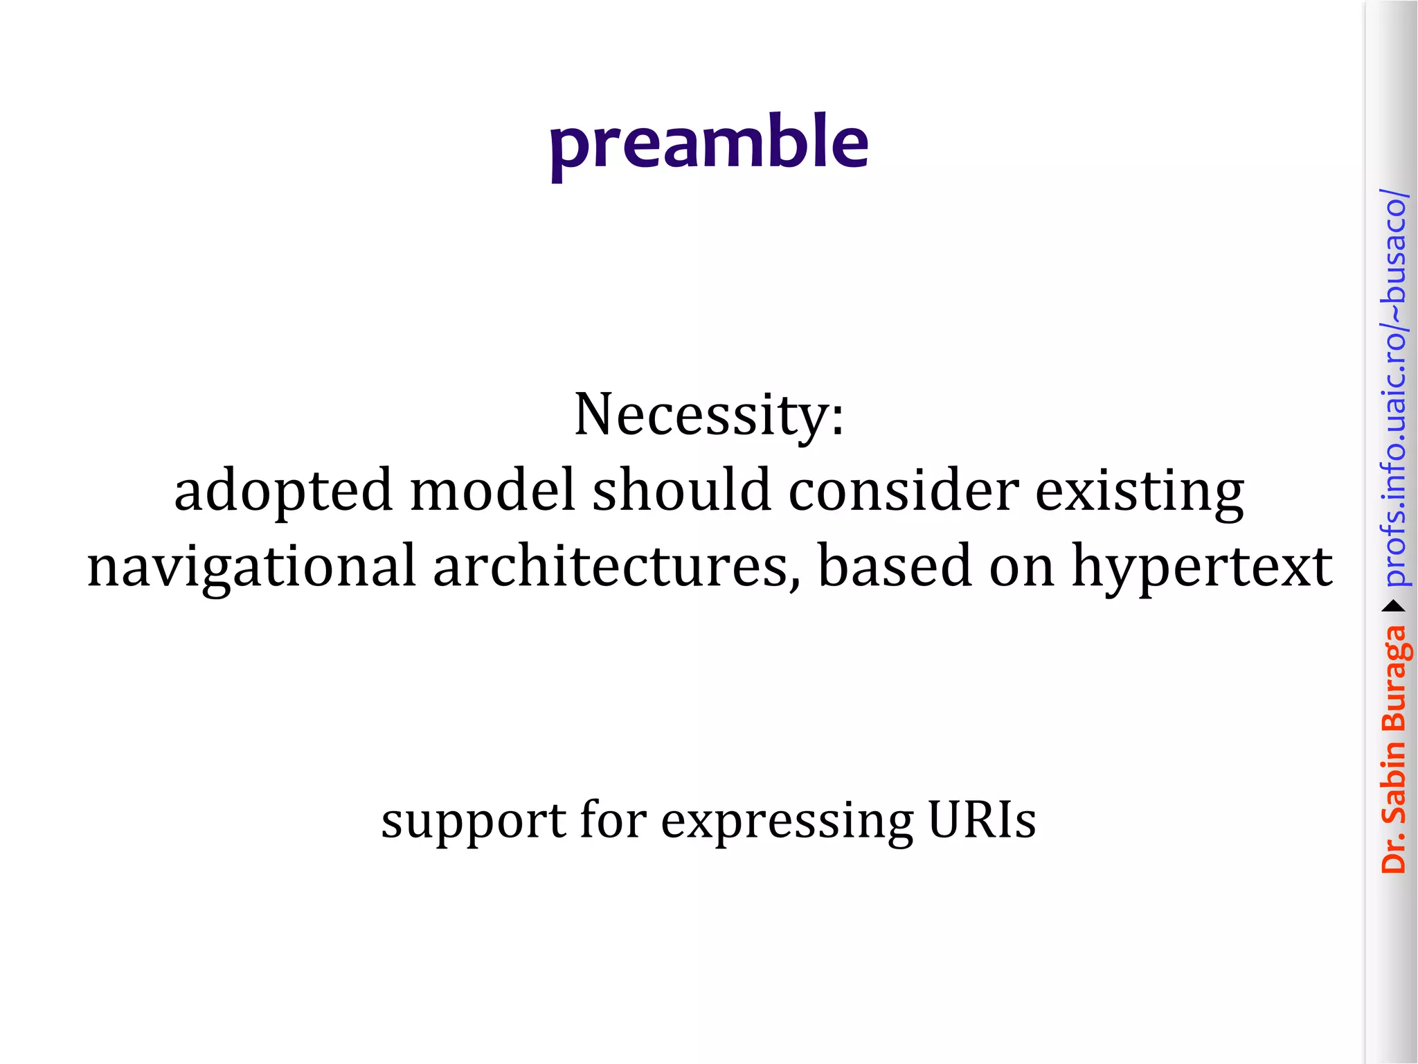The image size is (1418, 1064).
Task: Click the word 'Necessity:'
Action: tap(709, 416)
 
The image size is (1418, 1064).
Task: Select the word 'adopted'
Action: tap(283, 490)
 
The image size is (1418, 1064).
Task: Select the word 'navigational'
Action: tap(251, 567)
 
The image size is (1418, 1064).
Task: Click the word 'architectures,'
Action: tap(616, 565)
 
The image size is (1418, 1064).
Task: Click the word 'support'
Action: tap(474, 822)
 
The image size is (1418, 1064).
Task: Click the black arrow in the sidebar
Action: tap(1393, 607)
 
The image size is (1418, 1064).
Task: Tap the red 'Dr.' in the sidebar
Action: tap(1393, 852)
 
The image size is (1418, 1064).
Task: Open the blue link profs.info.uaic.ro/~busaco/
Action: tap(1393, 388)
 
